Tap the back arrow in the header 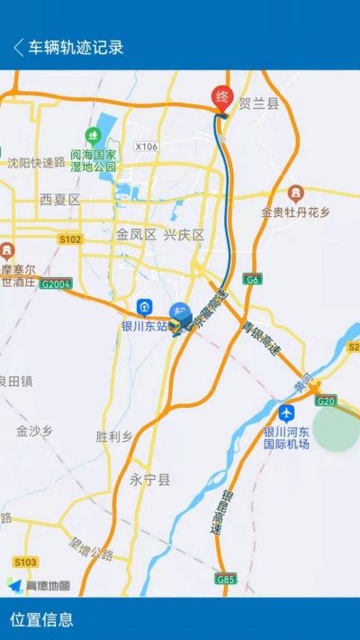[x=18, y=48]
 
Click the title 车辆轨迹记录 [x=76, y=48]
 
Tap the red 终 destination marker [x=221, y=96]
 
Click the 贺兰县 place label [x=259, y=104]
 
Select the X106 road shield [x=146, y=146]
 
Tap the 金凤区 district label [x=136, y=234]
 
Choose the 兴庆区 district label [x=184, y=234]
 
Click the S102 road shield [x=70, y=239]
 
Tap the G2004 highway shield [x=56, y=284]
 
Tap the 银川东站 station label [x=144, y=326]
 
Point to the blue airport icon [x=286, y=413]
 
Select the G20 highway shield [x=326, y=401]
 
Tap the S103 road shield [x=25, y=562]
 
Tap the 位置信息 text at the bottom [x=41, y=619]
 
